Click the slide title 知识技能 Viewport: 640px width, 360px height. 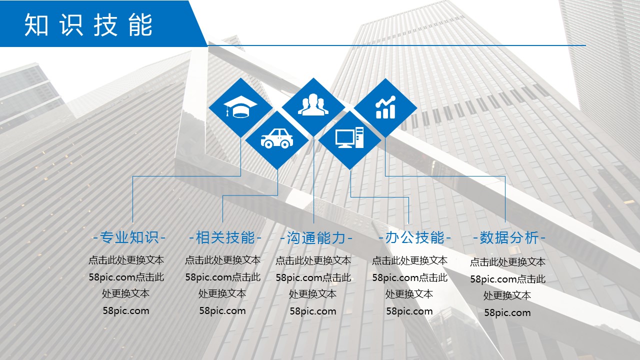tap(88, 25)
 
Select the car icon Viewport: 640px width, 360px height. tap(277, 138)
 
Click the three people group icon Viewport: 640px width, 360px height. tap(313, 104)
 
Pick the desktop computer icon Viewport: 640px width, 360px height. tap(349, 137)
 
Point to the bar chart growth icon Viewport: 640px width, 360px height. tap(385, 107)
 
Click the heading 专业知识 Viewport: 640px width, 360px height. tap(129, 237)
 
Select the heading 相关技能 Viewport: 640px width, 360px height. tap(225, 237)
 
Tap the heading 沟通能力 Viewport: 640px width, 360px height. tap(316, 238)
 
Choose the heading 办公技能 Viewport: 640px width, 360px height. tap(415, 237)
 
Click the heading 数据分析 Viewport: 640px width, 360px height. tap(509, 237)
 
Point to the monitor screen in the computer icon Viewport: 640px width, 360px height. tap(345, 137)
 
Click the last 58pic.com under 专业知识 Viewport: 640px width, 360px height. tap(126, 311)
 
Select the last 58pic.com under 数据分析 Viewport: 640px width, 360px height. tap(507, 312)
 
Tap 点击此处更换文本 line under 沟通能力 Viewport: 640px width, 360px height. tap(313, 260)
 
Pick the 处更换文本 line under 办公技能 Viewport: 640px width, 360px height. tap(409, 294)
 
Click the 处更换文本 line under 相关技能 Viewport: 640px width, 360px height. tap(222, 293)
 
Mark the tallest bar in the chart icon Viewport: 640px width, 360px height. tap(392, 111)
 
